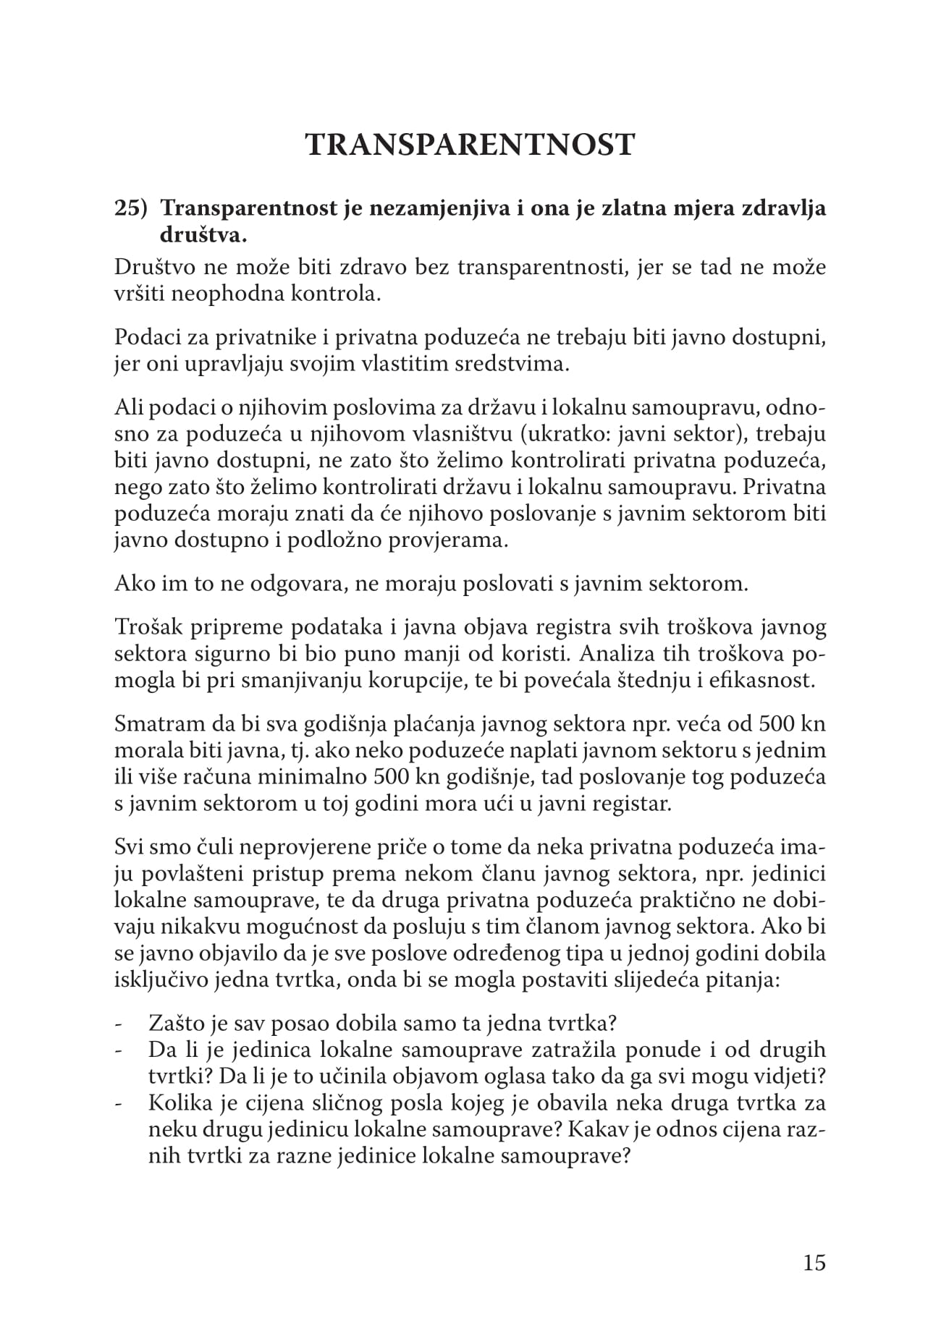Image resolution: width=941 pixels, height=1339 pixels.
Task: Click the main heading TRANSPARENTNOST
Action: click(470, 145)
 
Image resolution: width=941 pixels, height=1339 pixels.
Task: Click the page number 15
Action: click(814, 1262)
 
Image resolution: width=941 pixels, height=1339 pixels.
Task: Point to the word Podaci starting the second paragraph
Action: click(142, 337)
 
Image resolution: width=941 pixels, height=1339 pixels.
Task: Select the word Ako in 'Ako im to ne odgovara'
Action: click(130, 583)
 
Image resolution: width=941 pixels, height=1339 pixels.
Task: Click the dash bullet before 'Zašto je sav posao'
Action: click(119, 1024)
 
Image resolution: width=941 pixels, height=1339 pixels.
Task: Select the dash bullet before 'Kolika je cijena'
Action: click(119, 1104)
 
